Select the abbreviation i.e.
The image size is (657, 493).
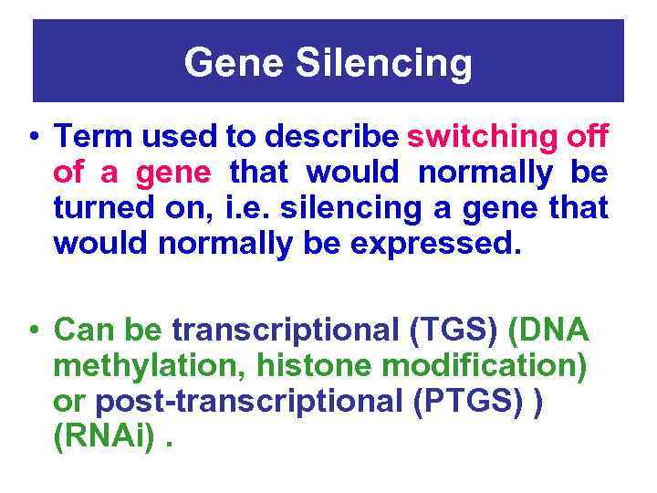[250, 208]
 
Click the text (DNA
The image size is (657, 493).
[554, 328]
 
